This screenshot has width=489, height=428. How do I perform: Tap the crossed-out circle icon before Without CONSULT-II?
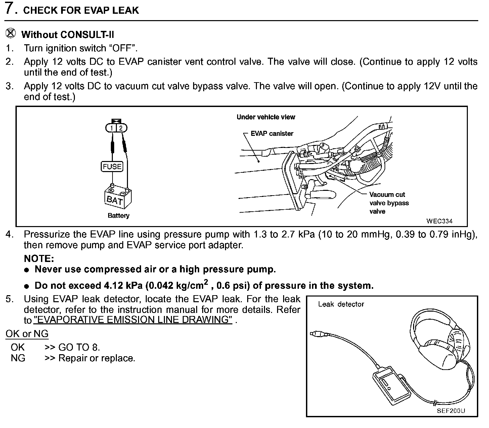[11, 34]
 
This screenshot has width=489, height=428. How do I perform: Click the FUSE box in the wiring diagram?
[112, 167]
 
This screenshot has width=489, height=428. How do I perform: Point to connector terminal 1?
[111, 128]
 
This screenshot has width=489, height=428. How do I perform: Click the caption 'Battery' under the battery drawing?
[118, 216]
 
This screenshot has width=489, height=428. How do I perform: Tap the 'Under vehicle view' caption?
[266, 117]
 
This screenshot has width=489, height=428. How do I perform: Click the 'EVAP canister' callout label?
[272, 133]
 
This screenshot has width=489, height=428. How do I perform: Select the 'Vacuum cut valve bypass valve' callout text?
[389, 203]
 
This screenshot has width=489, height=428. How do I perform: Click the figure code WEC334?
[439, 221]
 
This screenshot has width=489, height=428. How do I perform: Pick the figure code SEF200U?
[451, 411]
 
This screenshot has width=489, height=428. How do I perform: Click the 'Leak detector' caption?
[341, 304]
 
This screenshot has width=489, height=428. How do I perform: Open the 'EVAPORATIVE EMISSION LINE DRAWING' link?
[133, 320]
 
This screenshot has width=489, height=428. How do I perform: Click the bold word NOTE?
[39, 259]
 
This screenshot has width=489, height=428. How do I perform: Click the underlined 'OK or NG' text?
[27, 334]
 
